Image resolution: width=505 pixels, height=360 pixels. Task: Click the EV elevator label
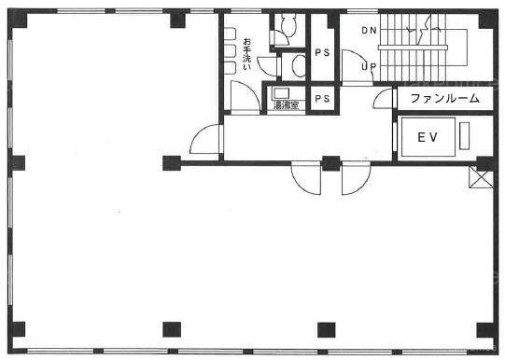pyautogui.click(x=428, y=137)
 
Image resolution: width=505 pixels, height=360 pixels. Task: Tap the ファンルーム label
pyautogui.click(x=444, y=98)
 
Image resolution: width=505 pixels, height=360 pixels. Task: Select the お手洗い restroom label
pyautogui.click(x=246, y=54)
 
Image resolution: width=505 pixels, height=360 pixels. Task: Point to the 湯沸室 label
pyautogui.click(x=286, y=104)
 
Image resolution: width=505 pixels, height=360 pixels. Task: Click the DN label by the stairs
pyautogui.click(x=369, y=30)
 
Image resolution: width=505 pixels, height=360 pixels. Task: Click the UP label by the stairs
pyautogui.click(x=369, y=66)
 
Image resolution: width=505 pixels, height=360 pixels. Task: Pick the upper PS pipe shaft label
pyautogui.click(x=322, y=52)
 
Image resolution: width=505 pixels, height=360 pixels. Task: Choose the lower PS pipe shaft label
pyautogui.click(x=322, y=99)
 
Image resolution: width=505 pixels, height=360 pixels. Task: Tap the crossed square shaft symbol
pyautogui.click(x=481, y=176)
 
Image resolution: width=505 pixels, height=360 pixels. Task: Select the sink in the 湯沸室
pyautogui.click(x=281, y=93)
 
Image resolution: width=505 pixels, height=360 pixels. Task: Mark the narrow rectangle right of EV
pyautogui.click(x=464, y=135)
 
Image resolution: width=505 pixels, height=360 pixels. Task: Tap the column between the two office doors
pyautogui.click(x=331, y=163)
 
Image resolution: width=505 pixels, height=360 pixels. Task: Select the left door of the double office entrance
pyautogui.click(x=305, y=178)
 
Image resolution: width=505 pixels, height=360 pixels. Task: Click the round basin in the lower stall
pyautogui.click(x=298, y=65)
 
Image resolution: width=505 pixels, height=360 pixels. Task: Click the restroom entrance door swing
pyautogui.click(x=245, y=97)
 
